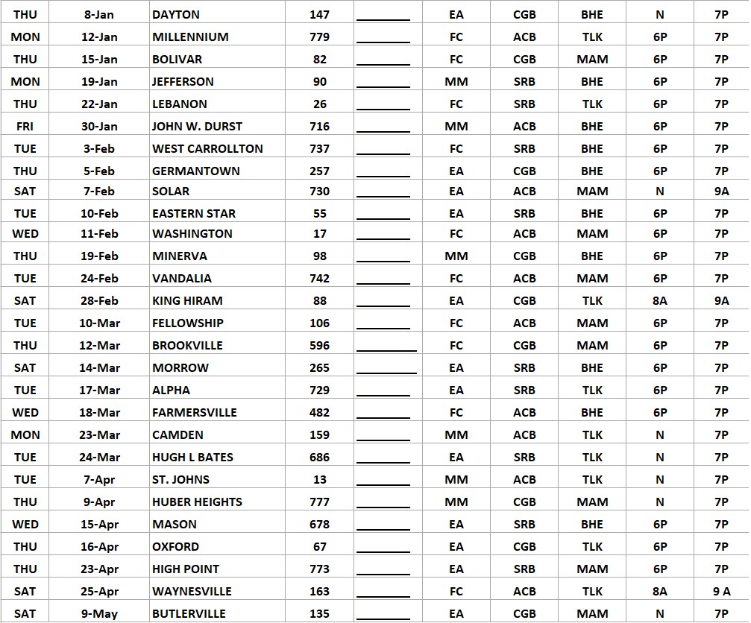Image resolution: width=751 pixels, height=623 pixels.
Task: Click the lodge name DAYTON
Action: [177, 14]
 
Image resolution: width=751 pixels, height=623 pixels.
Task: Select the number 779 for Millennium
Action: [319, 37]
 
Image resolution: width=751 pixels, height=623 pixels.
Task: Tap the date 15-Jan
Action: [100, 59]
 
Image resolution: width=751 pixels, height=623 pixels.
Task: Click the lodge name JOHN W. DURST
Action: [197, 126]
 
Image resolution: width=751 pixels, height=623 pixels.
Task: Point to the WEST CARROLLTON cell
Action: [207, 148]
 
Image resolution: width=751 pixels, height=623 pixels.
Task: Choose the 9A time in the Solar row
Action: [721, 191]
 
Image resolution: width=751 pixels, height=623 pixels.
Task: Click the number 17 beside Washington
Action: [319, 233]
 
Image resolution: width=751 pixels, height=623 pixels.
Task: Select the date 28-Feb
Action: [100, 300]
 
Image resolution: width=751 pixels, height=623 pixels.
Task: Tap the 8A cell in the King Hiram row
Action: [660, 300]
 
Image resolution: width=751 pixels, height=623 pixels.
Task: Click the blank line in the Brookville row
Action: [386, 347]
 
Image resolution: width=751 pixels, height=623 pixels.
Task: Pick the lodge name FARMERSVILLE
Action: [195, 412]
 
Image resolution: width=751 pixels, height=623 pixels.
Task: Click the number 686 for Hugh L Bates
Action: [319, 457]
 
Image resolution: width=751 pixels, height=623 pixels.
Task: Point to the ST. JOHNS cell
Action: [180, 479]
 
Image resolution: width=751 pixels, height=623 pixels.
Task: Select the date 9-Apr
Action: [100, 502]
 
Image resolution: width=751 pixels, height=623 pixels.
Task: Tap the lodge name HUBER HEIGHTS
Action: [197, 502]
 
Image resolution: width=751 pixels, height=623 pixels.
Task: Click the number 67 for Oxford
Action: [319, 546]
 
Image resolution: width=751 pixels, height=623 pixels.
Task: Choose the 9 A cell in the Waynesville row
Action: [721, 591]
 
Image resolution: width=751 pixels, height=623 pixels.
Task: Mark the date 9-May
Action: [100, 613]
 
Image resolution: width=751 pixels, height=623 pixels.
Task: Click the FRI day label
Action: [25, 126]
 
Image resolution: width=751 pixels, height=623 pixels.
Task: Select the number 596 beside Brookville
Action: [319, 345]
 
